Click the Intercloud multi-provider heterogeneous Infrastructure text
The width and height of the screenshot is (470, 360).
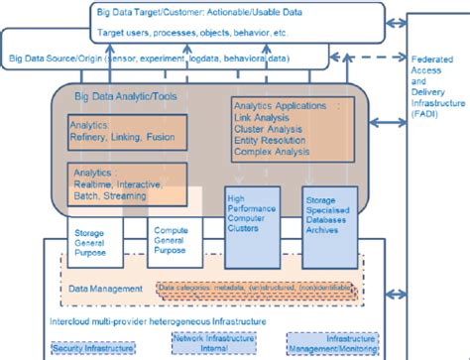(159, 320)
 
